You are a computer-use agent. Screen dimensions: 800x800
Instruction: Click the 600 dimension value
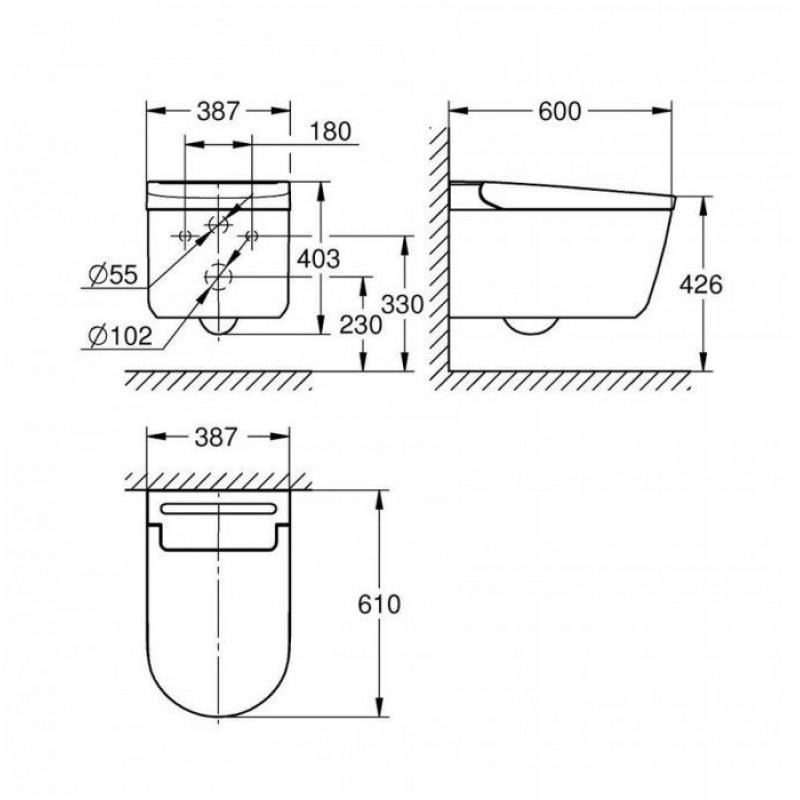(x=560, y=111)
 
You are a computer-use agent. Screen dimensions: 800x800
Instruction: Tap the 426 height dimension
(x=701, y=284)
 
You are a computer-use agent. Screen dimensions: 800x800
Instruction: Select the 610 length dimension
(x=379, y=605)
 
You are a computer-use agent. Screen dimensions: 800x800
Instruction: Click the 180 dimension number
(x=331, y=131)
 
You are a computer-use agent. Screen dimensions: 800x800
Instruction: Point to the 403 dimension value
(x=318, y=259)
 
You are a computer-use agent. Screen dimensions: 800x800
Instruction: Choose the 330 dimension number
(x=403, y=305)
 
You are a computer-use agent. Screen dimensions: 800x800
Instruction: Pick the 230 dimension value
(x=361, y=325)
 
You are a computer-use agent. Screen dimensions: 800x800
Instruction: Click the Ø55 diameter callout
(x=113, y=276)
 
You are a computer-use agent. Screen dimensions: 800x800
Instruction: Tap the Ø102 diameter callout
(x=120, y=337)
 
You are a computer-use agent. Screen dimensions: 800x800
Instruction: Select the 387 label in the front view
(x=218, y=111)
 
